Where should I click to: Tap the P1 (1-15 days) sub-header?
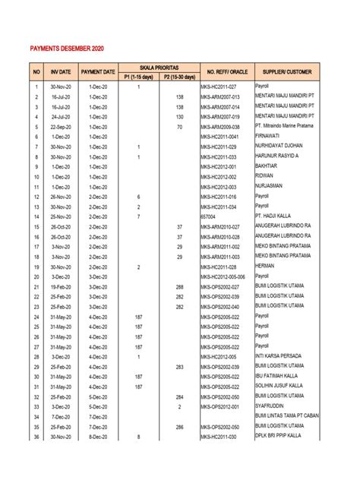pos(138,77)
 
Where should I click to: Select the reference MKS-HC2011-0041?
pos(224,137)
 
